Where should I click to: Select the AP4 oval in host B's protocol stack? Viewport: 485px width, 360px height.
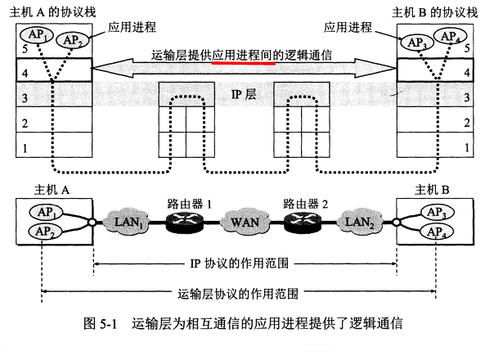tap(448, 36)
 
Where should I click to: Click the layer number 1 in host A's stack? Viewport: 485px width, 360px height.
tap(25, 149)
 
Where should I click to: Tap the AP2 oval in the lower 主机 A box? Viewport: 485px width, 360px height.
tap(47, 233)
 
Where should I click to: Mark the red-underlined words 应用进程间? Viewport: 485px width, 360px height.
tap(242, 56)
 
